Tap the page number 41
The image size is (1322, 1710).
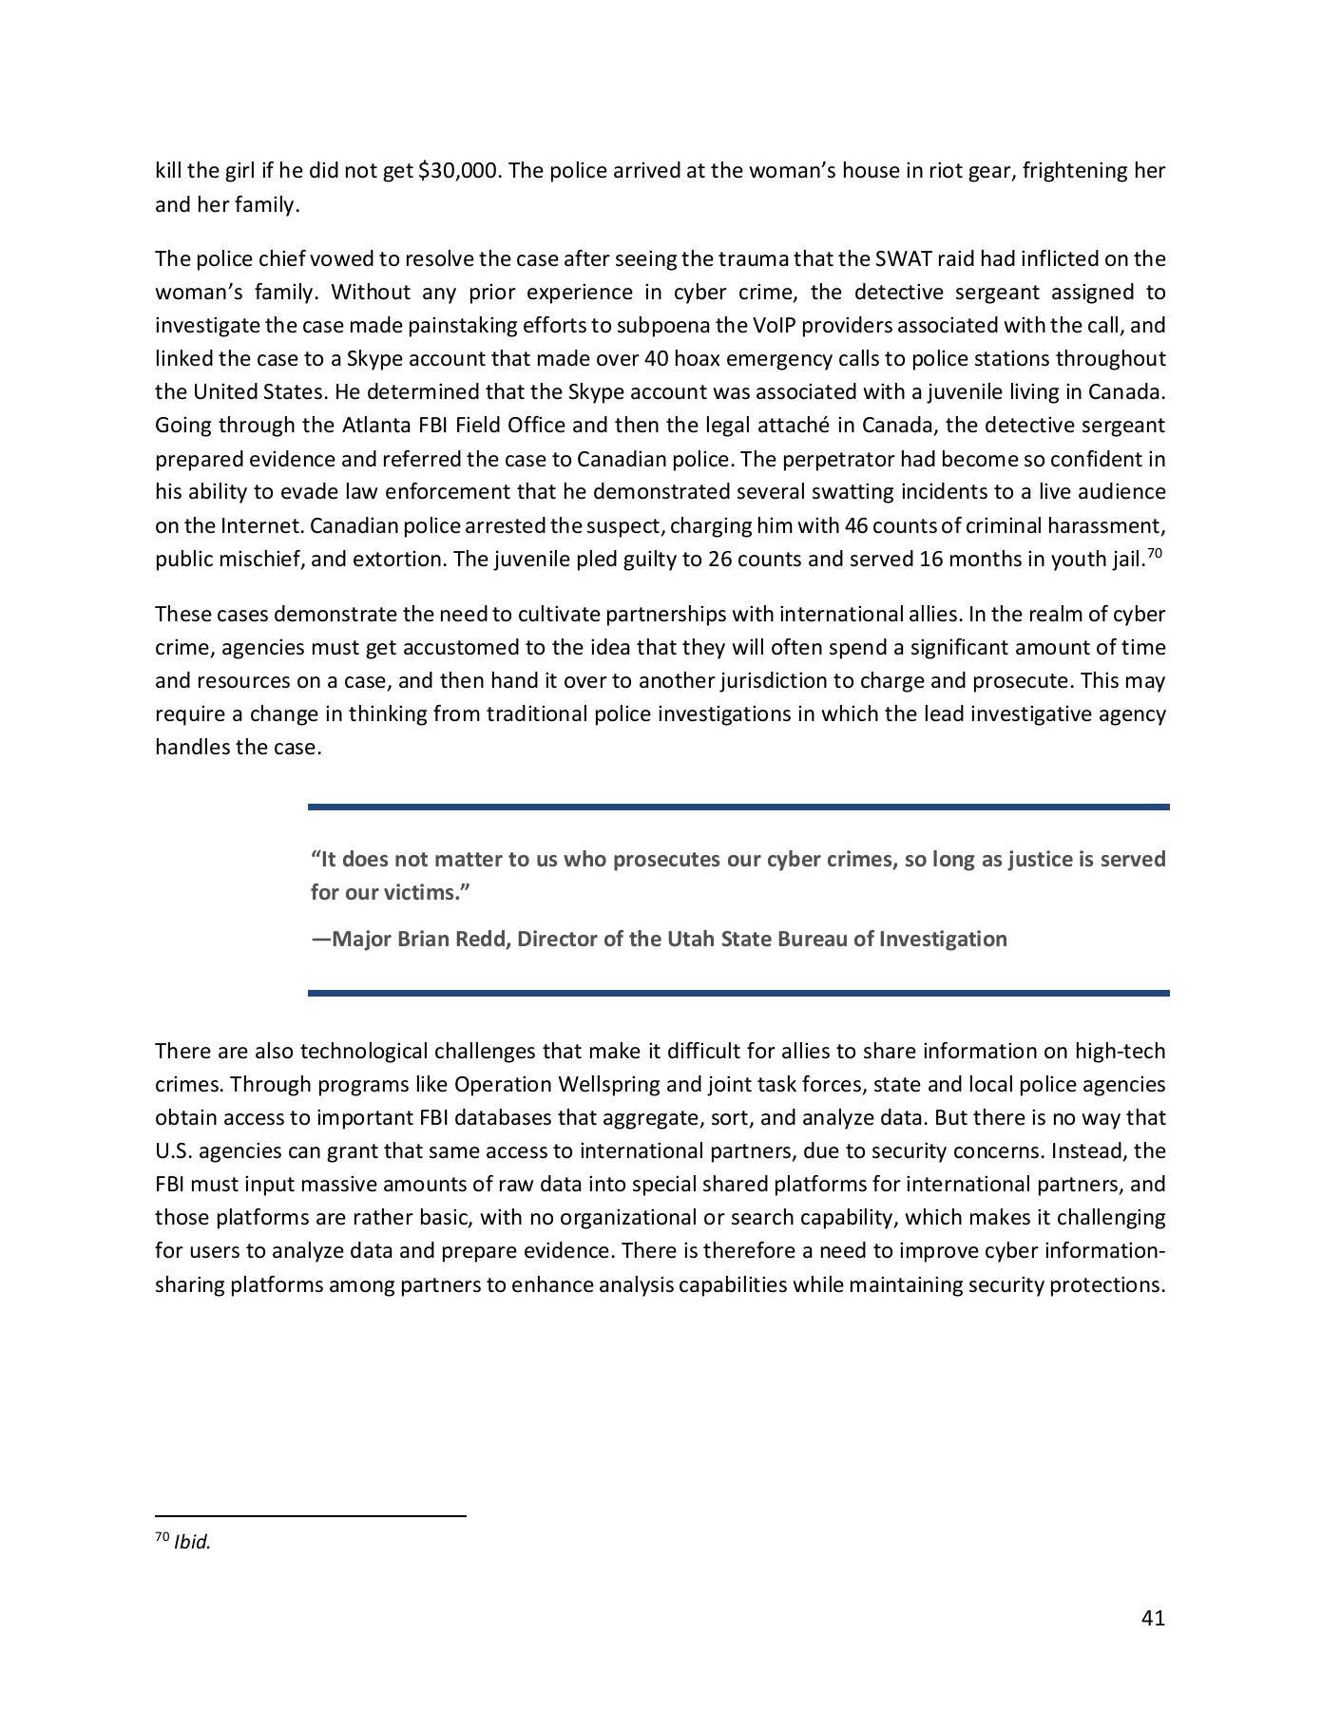[x=1153, y=1618]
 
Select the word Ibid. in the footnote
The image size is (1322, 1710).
[x=192, y=1543]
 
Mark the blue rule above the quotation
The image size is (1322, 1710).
[x=738, y=807]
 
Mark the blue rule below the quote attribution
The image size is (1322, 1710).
[x=738, y=993]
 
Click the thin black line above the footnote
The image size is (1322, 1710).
[x=310, y=1517]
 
